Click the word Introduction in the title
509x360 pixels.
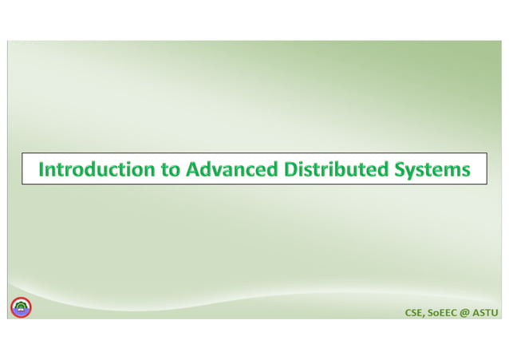(97, 169)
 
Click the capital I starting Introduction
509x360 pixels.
(41, 169)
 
